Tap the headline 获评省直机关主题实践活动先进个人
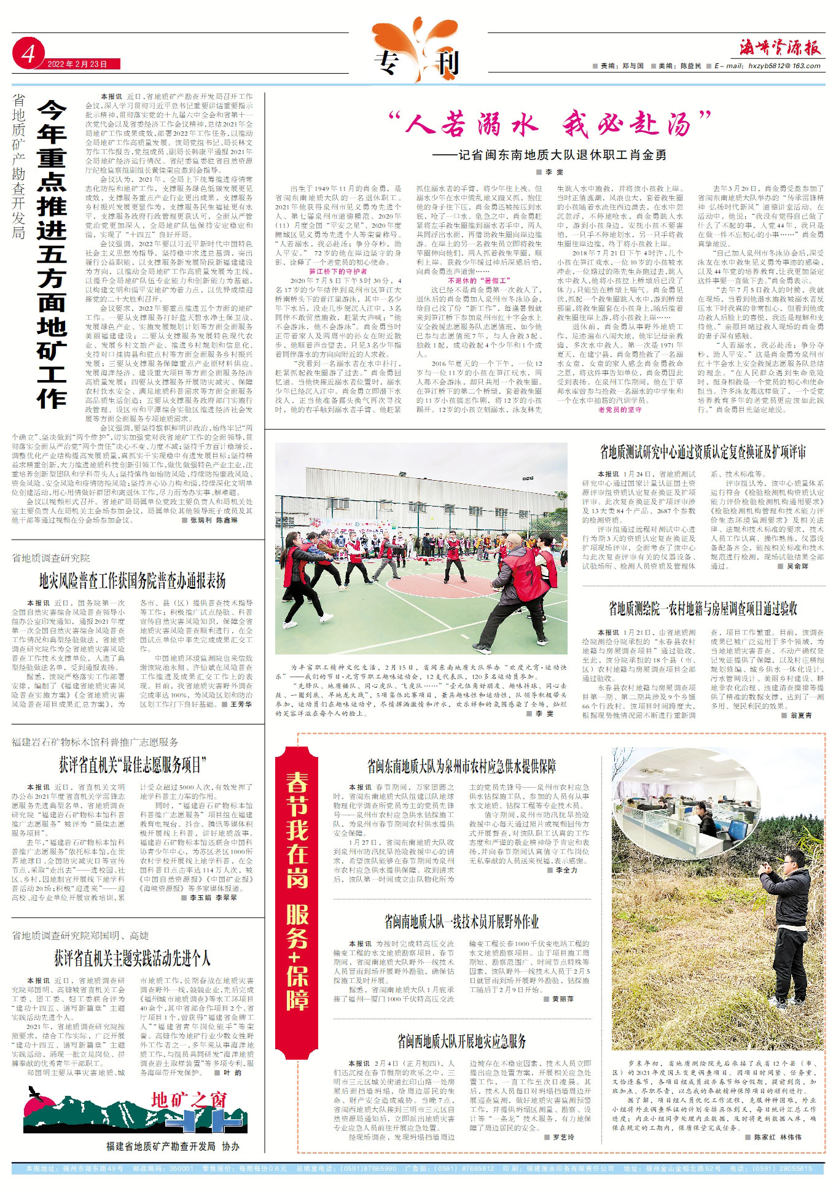(132, 958)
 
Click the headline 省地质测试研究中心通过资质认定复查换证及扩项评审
(703, 452)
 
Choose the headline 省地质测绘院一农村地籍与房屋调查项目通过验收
(703, 608)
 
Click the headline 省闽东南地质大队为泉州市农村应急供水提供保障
(461, 766)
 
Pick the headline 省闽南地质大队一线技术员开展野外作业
(461, 922)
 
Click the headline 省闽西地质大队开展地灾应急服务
(461, 1041)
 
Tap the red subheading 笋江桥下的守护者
(338, 271)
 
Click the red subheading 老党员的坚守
(619, 410)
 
